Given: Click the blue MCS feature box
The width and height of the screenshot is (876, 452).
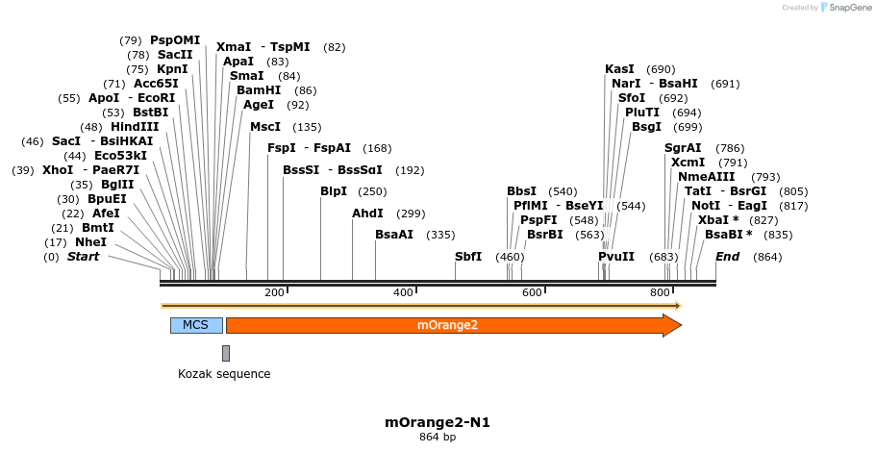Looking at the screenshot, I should pyautogui.click(x=196, y=325).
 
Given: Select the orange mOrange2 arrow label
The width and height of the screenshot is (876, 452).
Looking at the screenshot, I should pyautogui.click(x=447, y=325).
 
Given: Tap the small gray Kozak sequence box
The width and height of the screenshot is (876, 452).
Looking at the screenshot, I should pyautogui.click(x=226, y=353).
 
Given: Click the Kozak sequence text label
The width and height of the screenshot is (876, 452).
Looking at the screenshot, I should pyautogui.click(x=224, y=374).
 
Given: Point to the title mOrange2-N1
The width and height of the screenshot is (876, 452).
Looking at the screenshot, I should pyautogui.click(x=438, y=422).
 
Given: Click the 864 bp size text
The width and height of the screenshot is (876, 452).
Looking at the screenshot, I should pyautogui.click(x=438, y=438).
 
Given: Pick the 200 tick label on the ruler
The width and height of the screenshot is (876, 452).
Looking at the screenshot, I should pyautogui.click(x=274, y=292).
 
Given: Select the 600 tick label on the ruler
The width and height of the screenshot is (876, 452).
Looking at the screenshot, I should pyautogui.click(x=532, y=292).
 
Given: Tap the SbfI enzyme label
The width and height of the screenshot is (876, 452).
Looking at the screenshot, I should pyautogui.click(x=468, y=257).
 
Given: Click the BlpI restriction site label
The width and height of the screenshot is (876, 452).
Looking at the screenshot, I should pyautogui.click(x=334, y=191).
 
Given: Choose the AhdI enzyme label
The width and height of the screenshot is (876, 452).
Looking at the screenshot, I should pyautogui.click(x=367, y=213).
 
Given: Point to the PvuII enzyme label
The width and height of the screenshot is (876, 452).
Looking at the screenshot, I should pyautogui.click(x=616, y=257).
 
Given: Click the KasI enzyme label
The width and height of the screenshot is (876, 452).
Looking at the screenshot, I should pyautogui.click(x=619, y=69).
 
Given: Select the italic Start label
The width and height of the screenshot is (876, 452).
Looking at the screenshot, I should pyautogui.click(x=83, y=257).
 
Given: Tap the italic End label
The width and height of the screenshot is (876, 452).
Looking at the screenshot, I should pyautogui.click(x=727, y=257).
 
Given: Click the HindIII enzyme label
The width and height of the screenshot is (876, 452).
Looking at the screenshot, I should pyautogui.click(x=135, y=127).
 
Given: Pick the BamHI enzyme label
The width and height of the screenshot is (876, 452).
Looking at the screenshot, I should pyautogui.click(x=259, y=90).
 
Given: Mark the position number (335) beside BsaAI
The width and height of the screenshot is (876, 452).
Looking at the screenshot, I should pyautogui.click(x=440, y=235).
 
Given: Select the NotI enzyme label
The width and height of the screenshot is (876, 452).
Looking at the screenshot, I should pyautogui.click(x=705, y=206).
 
